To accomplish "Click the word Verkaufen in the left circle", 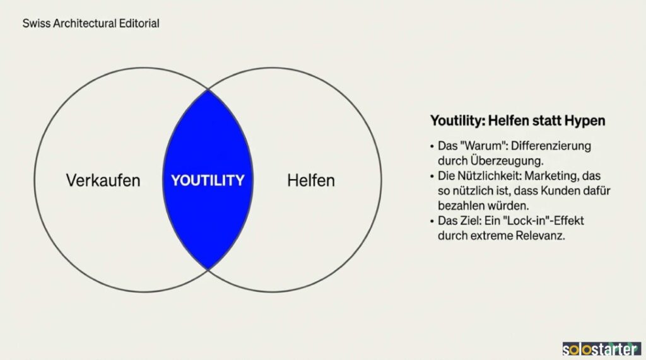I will coord(103,180).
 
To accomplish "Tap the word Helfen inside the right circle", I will coord(311,180).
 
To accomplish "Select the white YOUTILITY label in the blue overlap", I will coord(208,180).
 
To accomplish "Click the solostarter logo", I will coord(601,349).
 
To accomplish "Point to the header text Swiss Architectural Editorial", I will coord(91,23).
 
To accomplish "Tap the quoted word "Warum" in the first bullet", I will coord(476,146).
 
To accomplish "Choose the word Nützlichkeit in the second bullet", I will coord(485,175).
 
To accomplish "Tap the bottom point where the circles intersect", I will coord(208,270).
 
